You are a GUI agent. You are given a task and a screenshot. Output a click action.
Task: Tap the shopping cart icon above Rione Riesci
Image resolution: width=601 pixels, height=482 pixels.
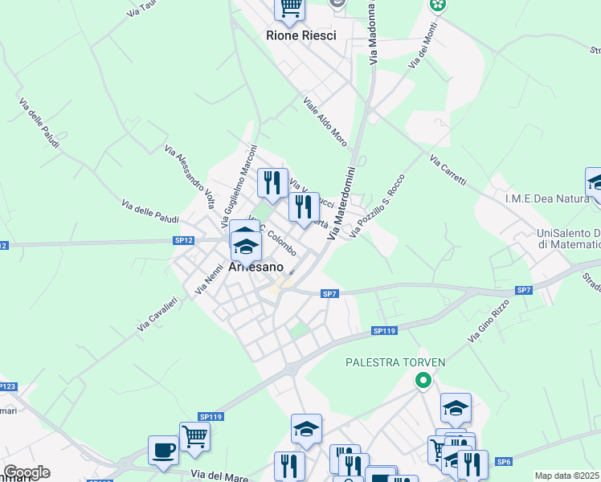click(x=290, y=8)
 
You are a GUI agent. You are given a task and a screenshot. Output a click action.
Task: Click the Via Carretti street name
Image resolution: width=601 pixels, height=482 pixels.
click(x=448, y=170)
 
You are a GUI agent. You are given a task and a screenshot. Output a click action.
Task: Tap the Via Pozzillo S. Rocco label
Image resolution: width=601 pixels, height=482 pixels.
click(x=378, y=207)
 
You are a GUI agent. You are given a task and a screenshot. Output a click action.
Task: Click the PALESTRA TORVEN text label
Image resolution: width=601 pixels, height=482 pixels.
click(x=395, y=362)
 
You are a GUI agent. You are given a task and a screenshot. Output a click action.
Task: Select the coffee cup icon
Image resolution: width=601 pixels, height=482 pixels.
click(x=163, y=450)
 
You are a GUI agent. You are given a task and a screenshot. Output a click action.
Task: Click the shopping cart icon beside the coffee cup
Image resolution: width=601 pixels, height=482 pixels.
click(x=194, y=437)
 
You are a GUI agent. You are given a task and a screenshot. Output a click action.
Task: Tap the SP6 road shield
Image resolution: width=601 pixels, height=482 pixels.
click(x=504, y=461)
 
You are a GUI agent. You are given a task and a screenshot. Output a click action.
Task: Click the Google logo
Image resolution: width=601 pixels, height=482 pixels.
click(x=27, y=472)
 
